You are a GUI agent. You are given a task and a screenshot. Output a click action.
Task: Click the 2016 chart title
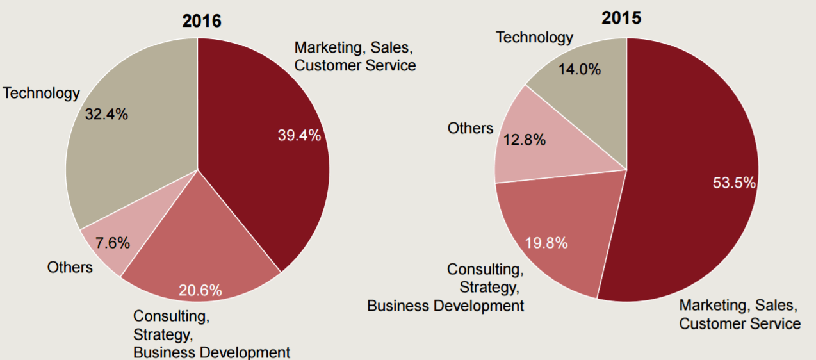point(202,21)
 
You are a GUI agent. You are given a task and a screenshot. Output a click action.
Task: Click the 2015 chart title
point(621,18)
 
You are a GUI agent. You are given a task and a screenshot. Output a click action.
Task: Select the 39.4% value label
point(299,135)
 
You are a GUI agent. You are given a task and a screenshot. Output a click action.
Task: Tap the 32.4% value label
point(106,115)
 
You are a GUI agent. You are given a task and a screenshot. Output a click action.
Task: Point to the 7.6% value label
point(113,243)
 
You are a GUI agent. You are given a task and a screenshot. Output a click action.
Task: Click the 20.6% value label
point(200,290)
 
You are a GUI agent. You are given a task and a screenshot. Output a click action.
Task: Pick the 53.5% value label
point(735,183)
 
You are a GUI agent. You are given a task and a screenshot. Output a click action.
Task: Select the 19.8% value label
point(546,243)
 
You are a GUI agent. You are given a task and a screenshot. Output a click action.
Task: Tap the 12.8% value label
point(524,140)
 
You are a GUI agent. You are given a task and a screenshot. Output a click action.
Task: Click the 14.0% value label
point(579,70)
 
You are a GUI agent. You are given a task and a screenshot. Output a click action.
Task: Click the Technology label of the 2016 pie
point(42,94)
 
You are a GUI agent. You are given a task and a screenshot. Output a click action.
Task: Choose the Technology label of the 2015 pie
point(535,38)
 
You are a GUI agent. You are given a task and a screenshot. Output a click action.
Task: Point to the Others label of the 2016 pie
point(70,267)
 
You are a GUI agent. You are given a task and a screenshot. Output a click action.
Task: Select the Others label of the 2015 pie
point(470,128)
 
